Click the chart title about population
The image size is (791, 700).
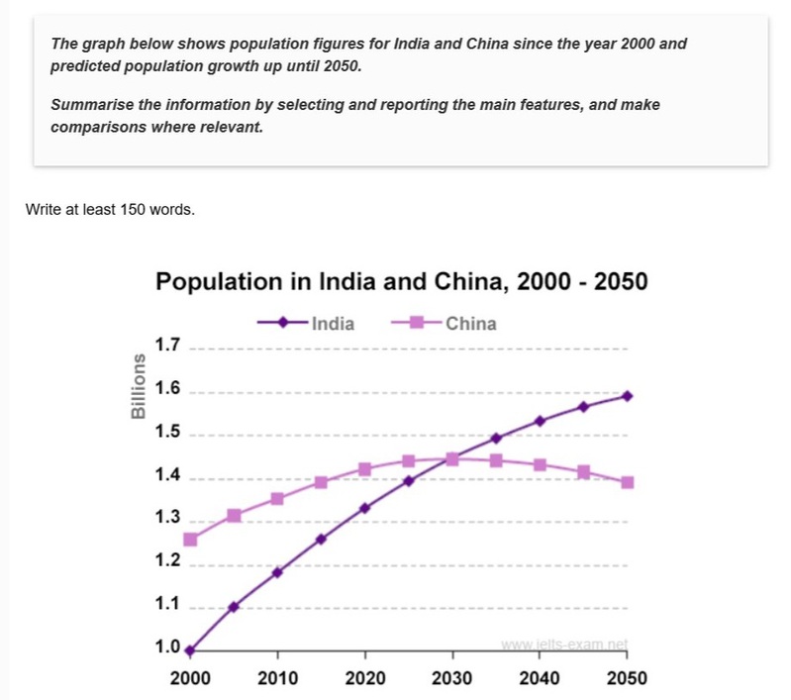click(x=402, y=282)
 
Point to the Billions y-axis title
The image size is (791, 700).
click(x=140, y=385)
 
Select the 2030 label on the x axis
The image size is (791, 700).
click(x=452, y=679)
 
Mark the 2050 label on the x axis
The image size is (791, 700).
click(x=628, y=679)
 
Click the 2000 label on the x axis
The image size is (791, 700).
click(x=190, y=679)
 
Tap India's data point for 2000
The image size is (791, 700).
click(x=190, y=650)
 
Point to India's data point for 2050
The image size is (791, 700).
click(x=628, y=396)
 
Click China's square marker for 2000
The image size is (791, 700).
click(x=190, y=540)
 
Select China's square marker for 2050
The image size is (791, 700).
click(x=628, y=482)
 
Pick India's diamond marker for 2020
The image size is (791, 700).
click(x=365, y=508)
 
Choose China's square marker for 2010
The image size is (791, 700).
click(x=277, y=498)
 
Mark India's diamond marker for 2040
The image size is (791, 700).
click(x=541, y=421)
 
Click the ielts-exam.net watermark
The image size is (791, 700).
click(x=564, y=645)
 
